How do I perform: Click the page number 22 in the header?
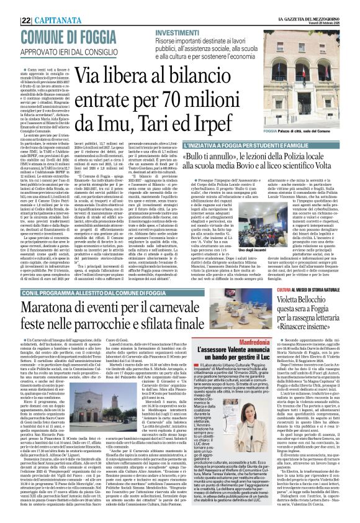click(9, 5)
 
